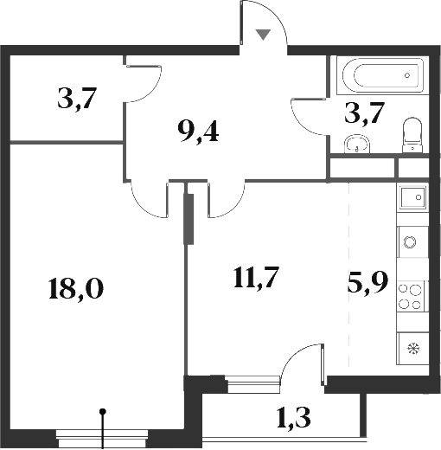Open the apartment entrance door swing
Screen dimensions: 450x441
(x=264, y=22)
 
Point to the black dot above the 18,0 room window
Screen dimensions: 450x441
(x=104, y=412)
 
